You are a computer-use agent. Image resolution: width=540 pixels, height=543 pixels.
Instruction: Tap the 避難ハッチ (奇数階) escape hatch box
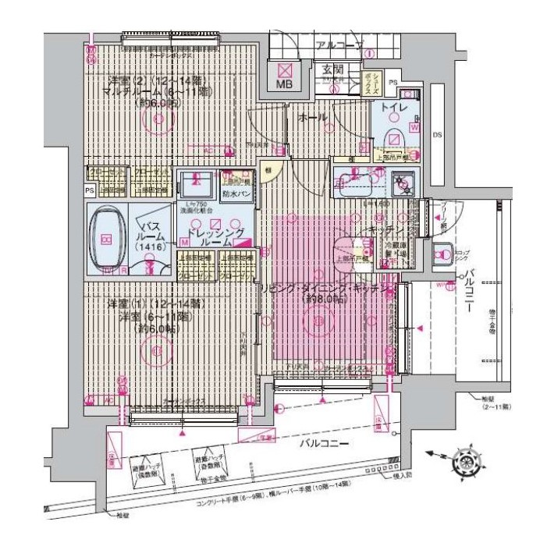211,468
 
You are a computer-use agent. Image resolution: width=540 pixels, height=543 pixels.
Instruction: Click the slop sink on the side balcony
442,253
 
